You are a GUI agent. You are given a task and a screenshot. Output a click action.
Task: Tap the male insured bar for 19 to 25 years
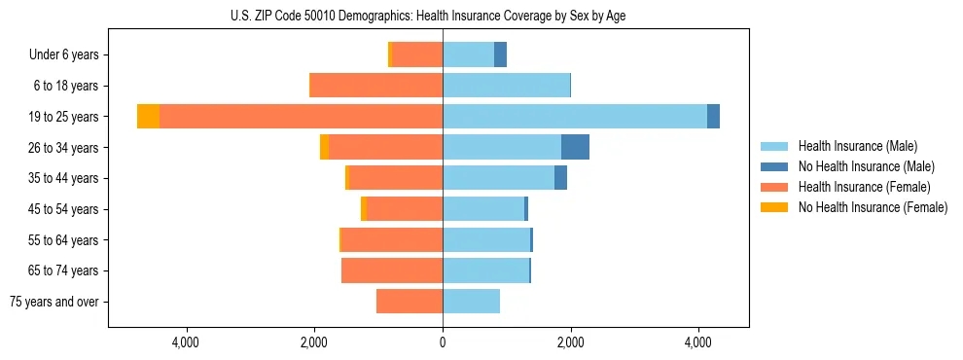point(574,117)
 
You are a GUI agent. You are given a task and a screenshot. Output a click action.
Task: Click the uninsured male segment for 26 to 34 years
point(575,147)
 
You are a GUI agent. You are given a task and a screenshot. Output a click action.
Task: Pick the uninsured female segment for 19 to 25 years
point(148,117)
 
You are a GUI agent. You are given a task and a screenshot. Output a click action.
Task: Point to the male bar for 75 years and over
point(471,302)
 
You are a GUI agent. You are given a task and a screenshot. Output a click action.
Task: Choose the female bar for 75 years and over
point(410,302)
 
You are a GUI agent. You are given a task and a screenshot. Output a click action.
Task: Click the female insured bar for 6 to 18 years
point(375,86)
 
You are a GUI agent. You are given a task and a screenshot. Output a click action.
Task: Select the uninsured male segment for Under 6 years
point(500,54)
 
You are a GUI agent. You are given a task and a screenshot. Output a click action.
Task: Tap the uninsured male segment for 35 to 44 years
point(560,178)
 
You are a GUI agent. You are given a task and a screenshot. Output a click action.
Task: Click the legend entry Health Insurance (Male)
point(857,146)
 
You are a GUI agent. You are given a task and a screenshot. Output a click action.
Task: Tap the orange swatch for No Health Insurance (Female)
point(774,207)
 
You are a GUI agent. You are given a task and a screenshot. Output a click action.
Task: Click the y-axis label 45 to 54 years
point(63,209)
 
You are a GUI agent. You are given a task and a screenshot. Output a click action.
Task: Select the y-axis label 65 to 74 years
point(63,270)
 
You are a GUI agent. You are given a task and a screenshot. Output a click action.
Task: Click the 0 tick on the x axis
point(443,342)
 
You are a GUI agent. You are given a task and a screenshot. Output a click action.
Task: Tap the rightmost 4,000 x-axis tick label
point(698,342)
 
